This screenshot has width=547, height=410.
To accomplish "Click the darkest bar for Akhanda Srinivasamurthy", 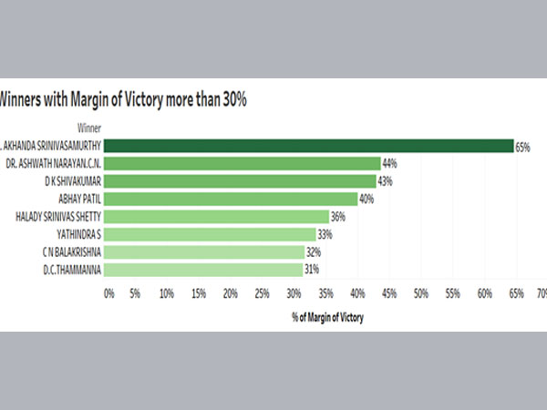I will pyautogui.click(x=310, y=146).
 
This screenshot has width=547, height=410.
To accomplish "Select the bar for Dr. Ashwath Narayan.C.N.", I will pyautogui.click(x=244, y=163).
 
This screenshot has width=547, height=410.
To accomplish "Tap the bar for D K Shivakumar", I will pyautogui.click(x=242, y=180).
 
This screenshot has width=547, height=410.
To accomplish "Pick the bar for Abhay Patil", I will pyautogui.click(x=232, y=199).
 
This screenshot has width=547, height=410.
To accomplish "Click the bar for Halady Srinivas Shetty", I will pyautogui.click(x=219, y=216).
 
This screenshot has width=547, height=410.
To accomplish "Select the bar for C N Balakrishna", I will pyautogui.click(x=207, y=251).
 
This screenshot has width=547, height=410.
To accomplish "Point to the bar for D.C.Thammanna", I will pyautogui.click(x=205, y=269).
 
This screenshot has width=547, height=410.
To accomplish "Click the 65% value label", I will pyautogui.click(x=522, y=147).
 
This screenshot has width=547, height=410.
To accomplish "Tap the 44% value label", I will pyautogui.click(x=389, y=164).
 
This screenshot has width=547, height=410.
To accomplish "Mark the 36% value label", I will pyautogui.click(x=338, y=217).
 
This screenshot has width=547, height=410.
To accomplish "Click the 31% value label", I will pyautogui.click(x=312, y=270).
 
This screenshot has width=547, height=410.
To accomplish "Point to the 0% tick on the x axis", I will pyautogui.click(x=109, y=293).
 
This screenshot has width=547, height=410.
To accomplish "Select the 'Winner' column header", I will pyautogui.click(x=89, y=128).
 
